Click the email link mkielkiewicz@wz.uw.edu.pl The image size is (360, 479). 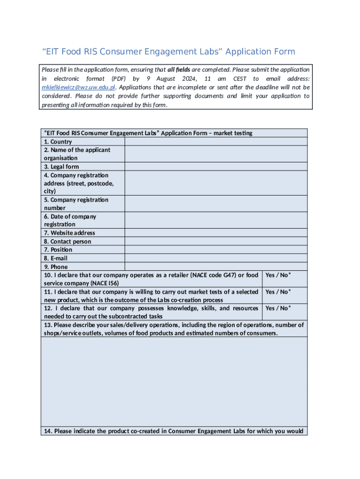click(78, 87)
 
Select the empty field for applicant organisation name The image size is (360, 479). click(216, 154)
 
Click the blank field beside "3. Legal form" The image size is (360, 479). click(216, 167)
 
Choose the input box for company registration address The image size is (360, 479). click(216, 183)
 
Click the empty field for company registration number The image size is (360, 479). click(216, 203)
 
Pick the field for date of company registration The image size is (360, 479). click(216, 220)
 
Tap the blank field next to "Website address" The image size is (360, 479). click(216, 233)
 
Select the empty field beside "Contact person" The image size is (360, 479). click(216, 241)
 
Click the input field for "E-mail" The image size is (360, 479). click(216, 258)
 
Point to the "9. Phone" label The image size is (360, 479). click(56, 267)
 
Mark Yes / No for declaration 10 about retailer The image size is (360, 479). click(278, 276)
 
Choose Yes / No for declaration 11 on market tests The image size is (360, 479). click(278, 292)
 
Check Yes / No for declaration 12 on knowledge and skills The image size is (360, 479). click(278, 308)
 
